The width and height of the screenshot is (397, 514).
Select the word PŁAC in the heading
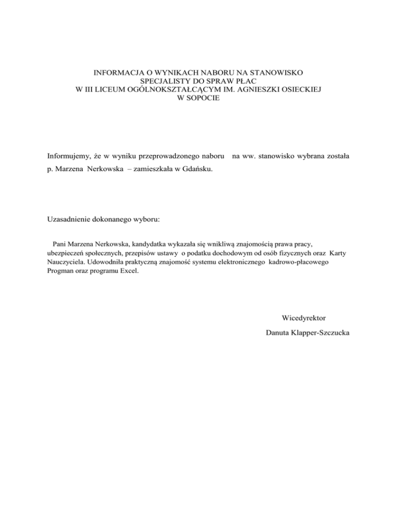[247, 81]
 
